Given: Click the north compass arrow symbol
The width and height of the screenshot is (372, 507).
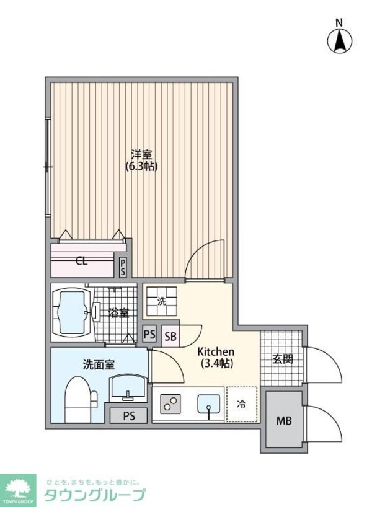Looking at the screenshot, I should (x=339, y=41).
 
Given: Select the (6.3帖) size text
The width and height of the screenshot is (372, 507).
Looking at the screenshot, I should (x=141, y=167).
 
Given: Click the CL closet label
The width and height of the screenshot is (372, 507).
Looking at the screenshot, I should (x=81, y=261).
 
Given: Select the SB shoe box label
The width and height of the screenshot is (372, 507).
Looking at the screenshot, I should (x=170, y=336).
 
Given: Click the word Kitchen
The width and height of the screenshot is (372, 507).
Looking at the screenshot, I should (x=215, y=351).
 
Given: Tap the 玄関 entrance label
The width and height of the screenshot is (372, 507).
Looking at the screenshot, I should (x=282, y=359).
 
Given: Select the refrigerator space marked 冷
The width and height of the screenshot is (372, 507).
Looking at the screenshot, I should (x=241, y=404).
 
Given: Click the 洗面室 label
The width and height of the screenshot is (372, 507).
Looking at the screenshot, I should (x=99, y=365).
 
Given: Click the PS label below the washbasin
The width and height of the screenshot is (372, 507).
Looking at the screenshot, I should (x=128, y=415).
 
